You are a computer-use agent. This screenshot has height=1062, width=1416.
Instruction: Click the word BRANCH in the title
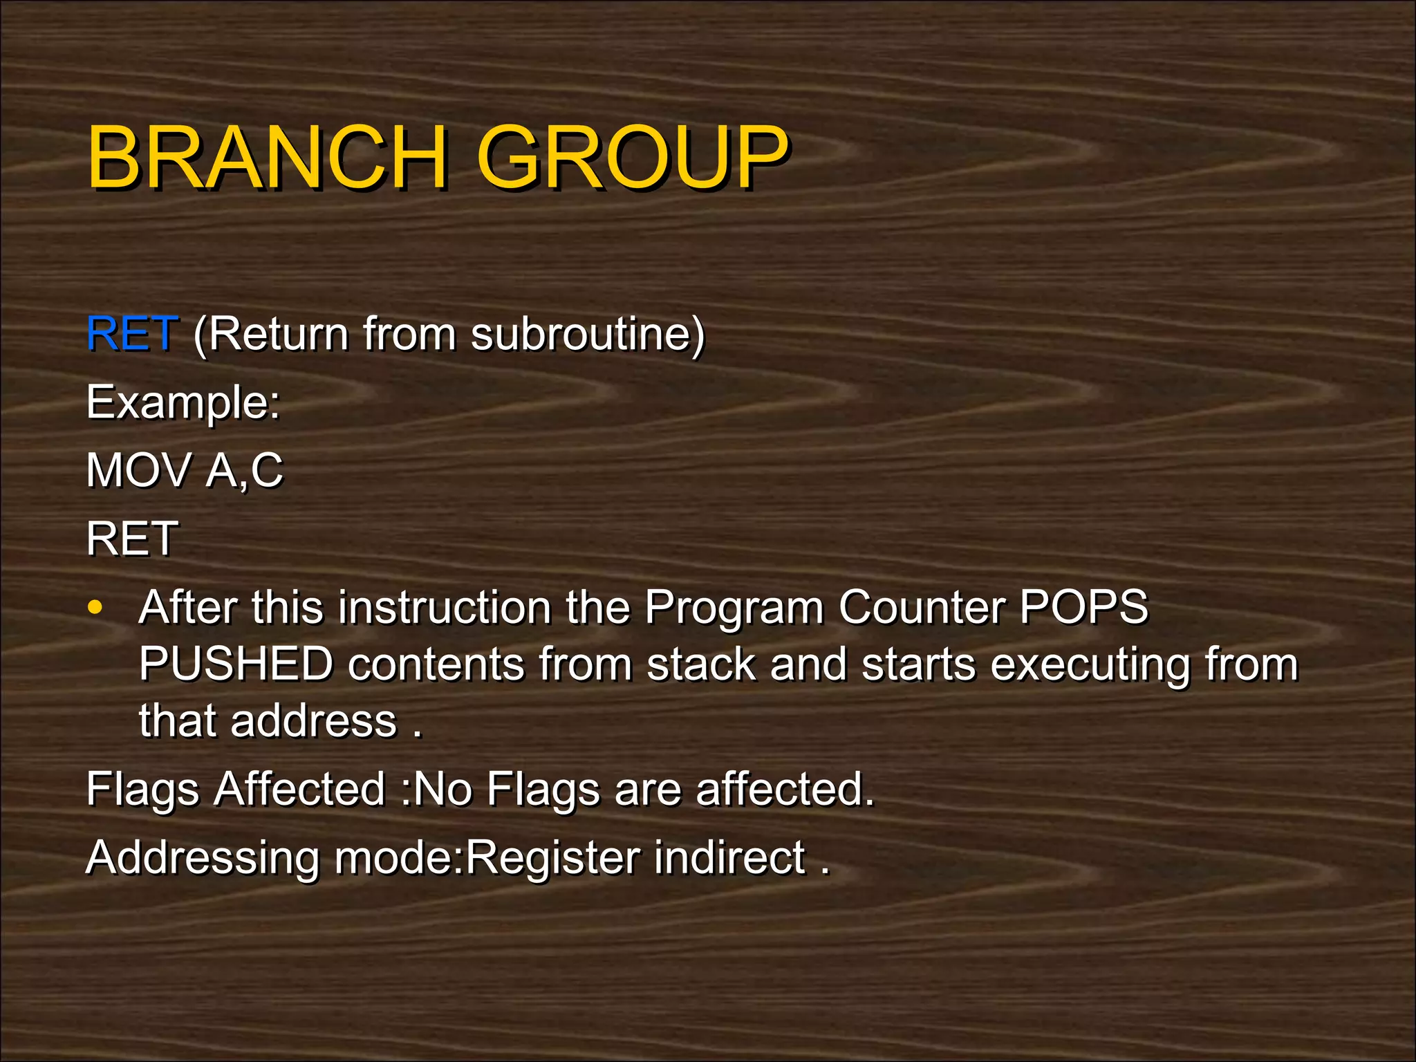coord(266,158)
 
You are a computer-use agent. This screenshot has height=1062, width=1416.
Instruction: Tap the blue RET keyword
coord(132,333)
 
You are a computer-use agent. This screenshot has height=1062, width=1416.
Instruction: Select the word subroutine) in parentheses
coord(588,335)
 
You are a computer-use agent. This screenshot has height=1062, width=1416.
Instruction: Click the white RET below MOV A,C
coord(132,539)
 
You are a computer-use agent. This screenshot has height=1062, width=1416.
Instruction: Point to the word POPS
coord(1083,607)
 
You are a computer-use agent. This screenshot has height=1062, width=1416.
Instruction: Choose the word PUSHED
coord(236,664)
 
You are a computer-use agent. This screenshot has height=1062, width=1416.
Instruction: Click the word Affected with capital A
coord(299,789)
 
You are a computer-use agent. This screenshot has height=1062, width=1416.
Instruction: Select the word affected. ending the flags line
coord(785,789)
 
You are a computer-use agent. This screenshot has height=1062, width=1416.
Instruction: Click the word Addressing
coord(203,858)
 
